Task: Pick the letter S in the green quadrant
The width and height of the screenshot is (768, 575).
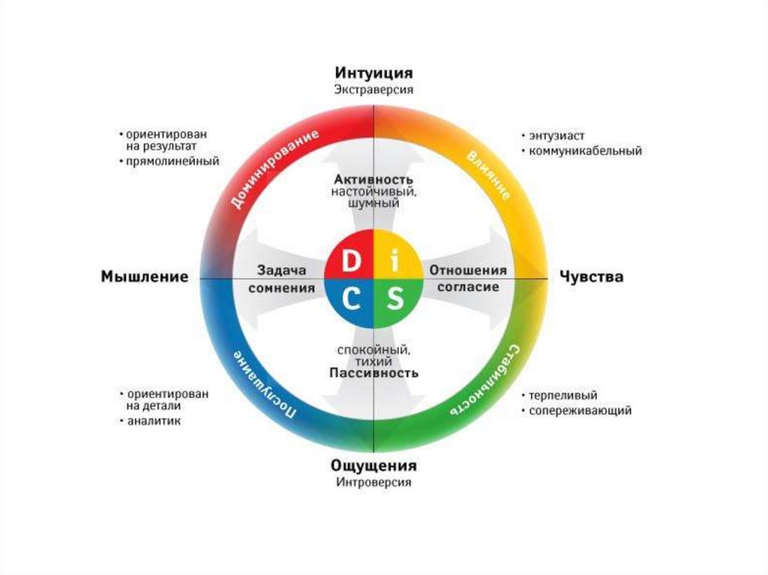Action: (395, 301)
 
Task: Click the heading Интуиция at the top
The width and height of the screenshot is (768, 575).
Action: (373, 73)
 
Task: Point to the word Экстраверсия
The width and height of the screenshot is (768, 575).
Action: (373, 89)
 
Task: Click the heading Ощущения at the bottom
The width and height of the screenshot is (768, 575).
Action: (373, 466)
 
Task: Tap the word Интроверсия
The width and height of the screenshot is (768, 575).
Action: (373, 482)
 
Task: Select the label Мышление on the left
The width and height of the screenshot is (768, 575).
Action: (144, 277)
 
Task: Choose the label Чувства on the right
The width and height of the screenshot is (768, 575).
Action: (592, 277)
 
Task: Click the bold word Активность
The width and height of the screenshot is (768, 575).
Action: (373, 180)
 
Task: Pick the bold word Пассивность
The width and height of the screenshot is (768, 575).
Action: (373, 372)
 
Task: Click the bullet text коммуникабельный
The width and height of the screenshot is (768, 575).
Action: (585, 151)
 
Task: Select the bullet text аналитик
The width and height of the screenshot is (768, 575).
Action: (153, 421)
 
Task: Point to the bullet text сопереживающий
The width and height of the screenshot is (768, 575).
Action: (580, 411)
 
